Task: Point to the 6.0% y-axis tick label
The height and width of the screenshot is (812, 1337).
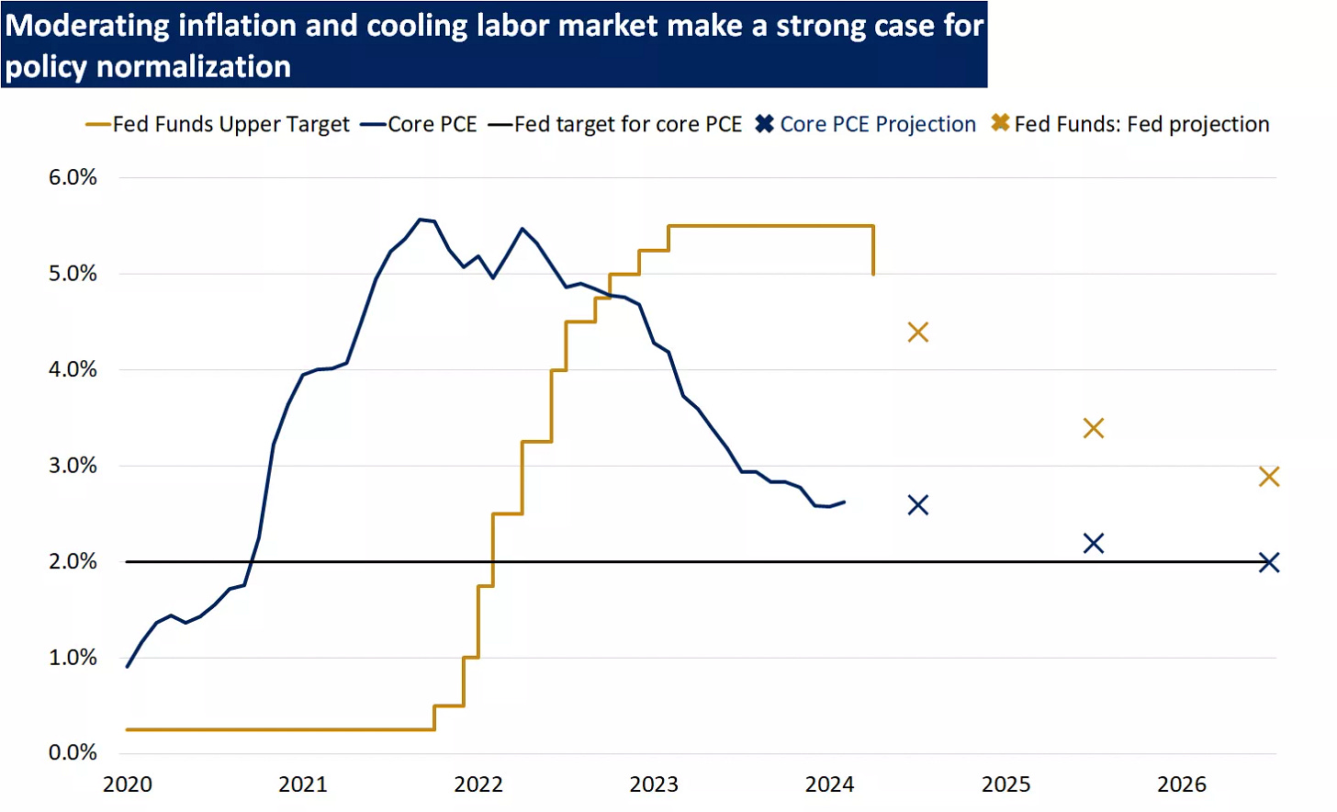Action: [73, 177]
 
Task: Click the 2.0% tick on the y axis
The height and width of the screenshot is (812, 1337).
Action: [73, 561]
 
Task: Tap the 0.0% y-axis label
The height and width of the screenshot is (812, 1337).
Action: [73, 753]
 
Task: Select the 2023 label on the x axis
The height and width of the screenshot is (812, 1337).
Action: [654, 784]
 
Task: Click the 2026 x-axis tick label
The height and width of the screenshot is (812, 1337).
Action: [1182, 784]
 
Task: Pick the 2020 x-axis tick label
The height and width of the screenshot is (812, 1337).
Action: [128, 784]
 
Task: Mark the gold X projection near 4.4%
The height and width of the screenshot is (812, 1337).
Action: [918, 333]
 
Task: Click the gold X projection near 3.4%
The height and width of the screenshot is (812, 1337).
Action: [1094, 428]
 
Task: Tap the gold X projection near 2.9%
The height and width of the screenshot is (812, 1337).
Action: [1269, 477]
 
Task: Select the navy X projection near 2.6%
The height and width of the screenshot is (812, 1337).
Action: [918, 505]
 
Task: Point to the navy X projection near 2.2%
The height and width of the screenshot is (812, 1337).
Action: [1094, 544]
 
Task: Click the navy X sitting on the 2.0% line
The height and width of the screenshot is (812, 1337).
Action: [1269, 562]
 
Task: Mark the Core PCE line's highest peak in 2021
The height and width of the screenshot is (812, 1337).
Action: [421, 220]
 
